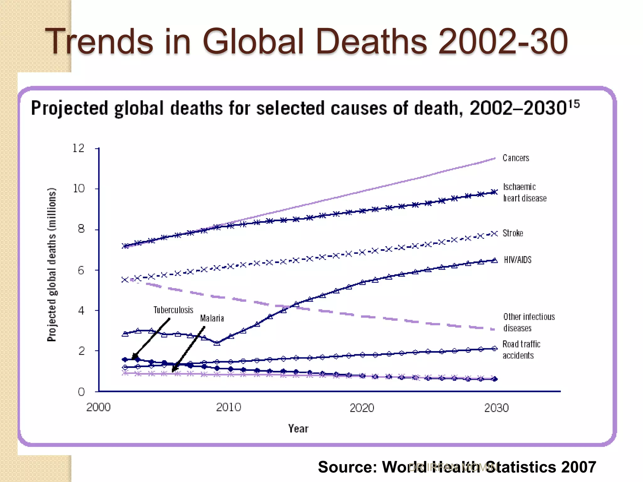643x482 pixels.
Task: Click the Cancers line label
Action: [x=516, y=158]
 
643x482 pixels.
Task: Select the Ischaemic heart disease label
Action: [x=524, y=192]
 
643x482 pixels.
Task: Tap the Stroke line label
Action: [x=513, y=233]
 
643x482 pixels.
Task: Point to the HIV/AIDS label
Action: [x=517, y=260]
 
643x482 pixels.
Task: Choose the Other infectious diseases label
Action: [x=529, y=322]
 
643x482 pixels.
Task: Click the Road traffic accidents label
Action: [x=521, y=350]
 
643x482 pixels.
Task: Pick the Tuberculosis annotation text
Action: [x=173, y=310]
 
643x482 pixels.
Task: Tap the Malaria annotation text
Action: [x=212, y=319]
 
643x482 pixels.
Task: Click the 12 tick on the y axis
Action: [x=78, y=148]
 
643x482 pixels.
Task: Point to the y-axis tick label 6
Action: [x=81, y=270]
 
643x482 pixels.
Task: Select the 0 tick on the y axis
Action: [x=81, y=392]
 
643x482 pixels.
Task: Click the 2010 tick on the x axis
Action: [x=229, y=407]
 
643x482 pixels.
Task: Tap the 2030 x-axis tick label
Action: [x=496, y=408]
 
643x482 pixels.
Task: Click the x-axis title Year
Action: [x=298, y=429]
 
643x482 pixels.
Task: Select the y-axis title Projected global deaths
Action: [x=52, y=264]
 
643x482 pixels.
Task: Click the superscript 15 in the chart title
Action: [x=574, y=104]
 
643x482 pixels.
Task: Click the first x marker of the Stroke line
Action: [x=125, y=279]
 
